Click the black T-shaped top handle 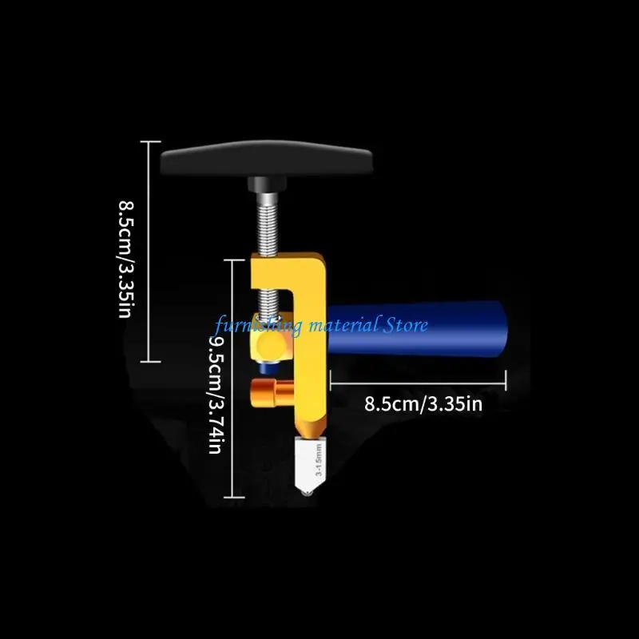(x=266, y=158)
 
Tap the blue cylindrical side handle (x=416, y=328)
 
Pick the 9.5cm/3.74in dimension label (x=215, y=394)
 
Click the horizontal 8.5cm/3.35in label (x=423, y=404)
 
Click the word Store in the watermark (x=405, y=325)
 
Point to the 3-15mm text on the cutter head (x=319, y=460)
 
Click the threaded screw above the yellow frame (x=268, y=224)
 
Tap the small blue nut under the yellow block (x=268, y=368)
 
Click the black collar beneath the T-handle (x=267, y=185)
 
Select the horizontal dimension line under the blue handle (x=418, y=383)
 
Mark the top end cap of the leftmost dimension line (x=150, y=142)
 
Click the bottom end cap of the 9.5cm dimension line (x=234, y=497)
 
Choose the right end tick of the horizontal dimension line (x=506, y=381)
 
